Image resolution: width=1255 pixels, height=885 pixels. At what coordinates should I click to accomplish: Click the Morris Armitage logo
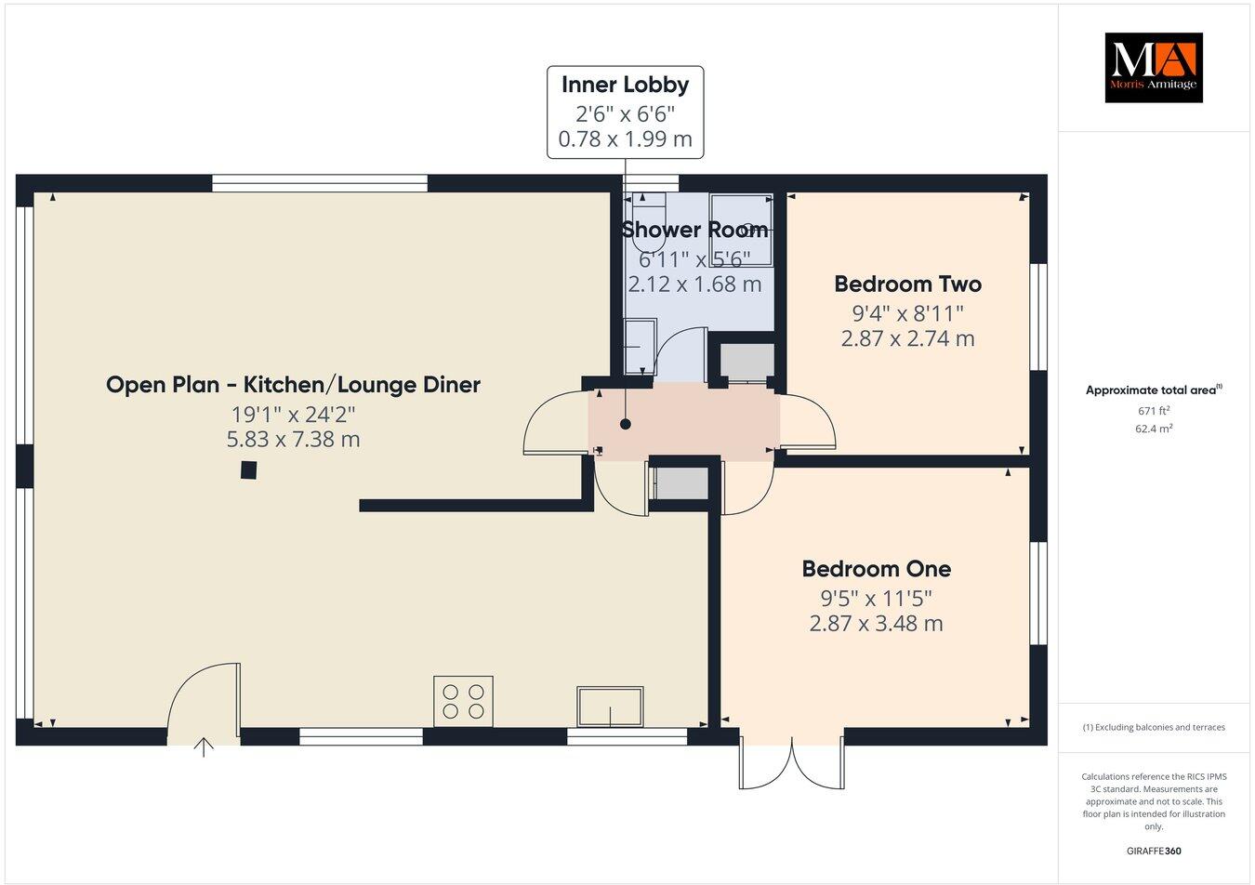1153,68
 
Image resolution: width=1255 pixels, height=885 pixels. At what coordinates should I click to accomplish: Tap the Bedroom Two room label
907,284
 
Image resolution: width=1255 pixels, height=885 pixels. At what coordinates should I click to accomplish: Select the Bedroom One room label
876,569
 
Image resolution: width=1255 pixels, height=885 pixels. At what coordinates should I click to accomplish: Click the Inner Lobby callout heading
625,85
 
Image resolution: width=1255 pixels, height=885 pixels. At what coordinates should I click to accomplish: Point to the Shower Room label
694,230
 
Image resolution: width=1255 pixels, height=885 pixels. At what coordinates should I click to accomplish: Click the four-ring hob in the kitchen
463,701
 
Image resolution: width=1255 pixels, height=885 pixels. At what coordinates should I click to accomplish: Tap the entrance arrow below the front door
204,746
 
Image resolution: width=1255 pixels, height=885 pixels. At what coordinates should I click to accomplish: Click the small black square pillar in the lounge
248,470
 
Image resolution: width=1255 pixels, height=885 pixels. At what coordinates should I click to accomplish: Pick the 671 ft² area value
1153,411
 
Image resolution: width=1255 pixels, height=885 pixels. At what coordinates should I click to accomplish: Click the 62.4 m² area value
1153,429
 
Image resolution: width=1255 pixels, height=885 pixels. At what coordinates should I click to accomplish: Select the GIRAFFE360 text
1153,850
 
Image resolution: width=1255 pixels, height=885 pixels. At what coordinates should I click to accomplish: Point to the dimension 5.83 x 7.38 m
293,439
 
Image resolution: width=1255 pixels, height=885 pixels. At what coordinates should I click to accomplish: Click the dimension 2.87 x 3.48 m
876,623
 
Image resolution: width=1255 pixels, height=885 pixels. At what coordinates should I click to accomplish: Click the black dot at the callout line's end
625,424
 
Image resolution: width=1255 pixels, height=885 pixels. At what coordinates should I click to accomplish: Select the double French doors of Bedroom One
792,763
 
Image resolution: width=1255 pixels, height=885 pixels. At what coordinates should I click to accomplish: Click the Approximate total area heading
1153,390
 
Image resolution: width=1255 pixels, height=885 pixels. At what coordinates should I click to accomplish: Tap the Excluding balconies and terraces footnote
1153,727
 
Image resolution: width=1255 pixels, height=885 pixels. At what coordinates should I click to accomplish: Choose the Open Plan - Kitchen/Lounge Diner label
293,385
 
